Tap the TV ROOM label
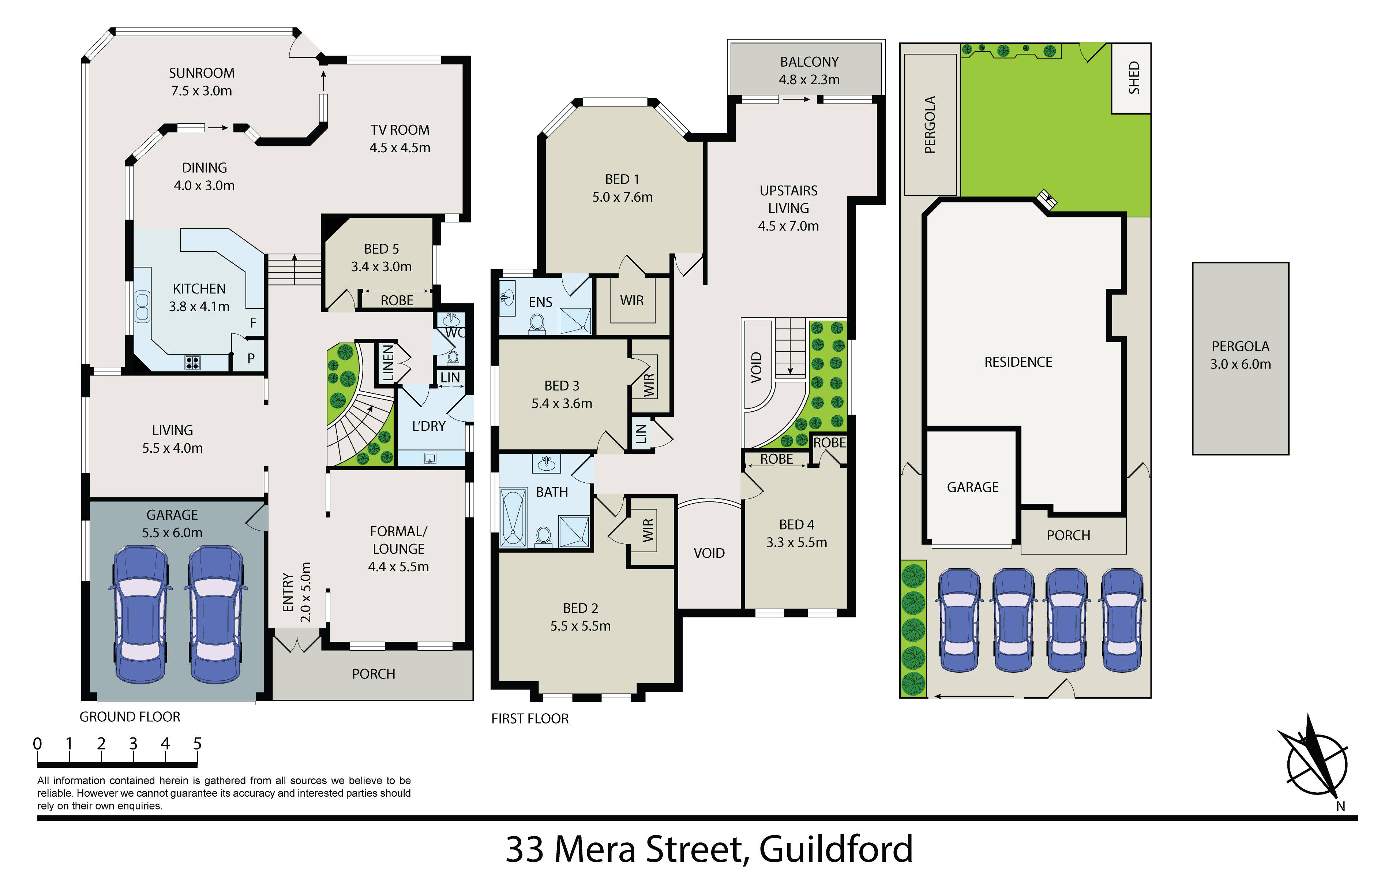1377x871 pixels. pos(400,130)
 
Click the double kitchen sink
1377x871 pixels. pos(142,307)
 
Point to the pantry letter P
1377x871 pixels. pos(251,359)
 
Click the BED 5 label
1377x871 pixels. pos(382,249)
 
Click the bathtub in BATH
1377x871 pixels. pos(513,517)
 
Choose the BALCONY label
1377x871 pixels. pos(809,62)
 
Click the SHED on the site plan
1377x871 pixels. pos(1131,78)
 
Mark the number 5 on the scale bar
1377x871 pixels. pos(197,744)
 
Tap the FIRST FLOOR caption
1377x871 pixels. pos(530,719)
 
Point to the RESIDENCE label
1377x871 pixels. pos(1018,362)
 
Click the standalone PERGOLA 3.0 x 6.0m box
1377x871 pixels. pos(1240,359)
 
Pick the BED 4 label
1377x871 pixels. pos(796,524)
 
